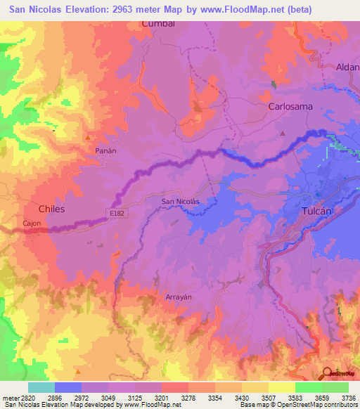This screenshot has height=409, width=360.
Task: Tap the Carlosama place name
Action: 290,107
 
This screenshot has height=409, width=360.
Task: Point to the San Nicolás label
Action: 181,202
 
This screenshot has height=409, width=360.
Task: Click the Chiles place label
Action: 51,209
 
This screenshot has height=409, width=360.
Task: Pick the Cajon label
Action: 12,223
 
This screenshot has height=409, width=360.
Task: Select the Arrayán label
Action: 178,297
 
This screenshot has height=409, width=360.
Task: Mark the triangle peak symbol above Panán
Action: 88,138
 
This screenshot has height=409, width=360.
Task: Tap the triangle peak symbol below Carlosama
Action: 283,132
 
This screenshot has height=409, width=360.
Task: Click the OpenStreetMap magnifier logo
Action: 328,372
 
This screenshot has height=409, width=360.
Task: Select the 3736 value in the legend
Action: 347,398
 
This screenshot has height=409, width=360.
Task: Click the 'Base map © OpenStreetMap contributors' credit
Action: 297,405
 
